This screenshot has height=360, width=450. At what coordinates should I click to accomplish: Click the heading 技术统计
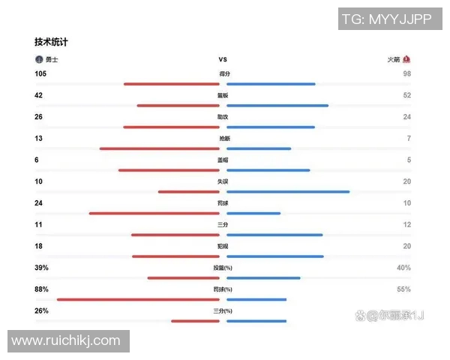coord(56,42)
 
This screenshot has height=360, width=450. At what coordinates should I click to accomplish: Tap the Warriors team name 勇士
coord(52,59)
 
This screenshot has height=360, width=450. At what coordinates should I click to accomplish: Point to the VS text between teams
coord(223,59)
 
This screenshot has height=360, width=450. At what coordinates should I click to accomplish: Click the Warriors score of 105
coord(41,73)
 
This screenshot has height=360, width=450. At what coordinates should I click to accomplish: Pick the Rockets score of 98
coord(407,73)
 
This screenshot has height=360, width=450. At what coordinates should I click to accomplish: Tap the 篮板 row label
coord(223,96)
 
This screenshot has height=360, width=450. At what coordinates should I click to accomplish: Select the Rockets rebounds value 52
coord(407,95)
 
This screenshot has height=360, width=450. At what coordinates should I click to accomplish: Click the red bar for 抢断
coord(159,148)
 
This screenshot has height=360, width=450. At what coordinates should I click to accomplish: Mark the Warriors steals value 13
coord(39,139)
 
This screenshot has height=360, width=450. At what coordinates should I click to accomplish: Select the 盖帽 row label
coord(223,160)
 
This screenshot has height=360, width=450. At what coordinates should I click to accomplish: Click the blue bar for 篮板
coord(277,106)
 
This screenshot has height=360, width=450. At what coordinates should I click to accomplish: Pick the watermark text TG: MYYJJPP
coord(387,19)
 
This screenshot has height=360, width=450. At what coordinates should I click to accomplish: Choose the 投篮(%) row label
coord(223,268)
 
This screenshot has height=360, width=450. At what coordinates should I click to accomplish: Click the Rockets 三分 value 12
coord(407,224)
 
